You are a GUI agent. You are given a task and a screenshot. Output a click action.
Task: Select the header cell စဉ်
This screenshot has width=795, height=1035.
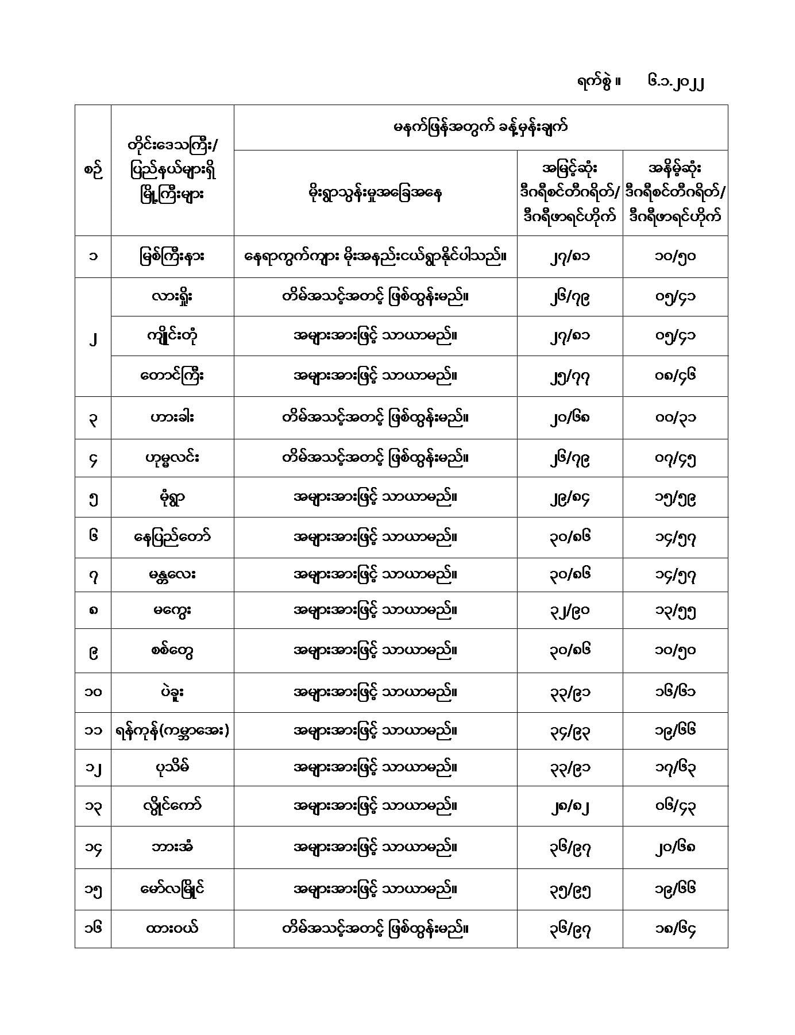coord(93,171)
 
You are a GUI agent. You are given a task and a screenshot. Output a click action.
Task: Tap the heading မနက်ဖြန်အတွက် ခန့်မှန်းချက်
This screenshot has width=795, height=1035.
coord(480,128)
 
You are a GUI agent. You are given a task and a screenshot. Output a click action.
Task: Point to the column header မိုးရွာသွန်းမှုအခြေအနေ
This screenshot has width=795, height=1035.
coord(375,193)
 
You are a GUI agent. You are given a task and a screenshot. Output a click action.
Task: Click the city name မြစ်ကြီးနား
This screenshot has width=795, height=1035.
coord(172,256)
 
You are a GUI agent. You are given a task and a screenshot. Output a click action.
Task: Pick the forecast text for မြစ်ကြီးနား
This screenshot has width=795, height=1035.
coord(375,256)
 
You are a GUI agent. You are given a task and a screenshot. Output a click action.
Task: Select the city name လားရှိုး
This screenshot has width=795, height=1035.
coord(172,296)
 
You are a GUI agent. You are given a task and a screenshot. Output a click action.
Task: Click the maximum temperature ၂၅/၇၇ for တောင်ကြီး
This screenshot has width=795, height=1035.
coord(569,376)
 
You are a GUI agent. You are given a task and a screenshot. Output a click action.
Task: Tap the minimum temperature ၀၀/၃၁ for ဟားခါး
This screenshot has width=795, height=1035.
coord(675,418)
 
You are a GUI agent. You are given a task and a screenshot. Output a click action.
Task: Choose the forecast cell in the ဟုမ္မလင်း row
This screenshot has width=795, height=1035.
coord(375,458)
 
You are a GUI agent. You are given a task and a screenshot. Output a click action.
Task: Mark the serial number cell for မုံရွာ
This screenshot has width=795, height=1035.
coord(93,497)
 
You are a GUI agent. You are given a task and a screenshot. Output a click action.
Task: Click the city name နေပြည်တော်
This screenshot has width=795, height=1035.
coord(172,537)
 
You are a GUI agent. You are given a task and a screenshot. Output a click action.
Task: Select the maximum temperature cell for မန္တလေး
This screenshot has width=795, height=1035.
coord(569,574)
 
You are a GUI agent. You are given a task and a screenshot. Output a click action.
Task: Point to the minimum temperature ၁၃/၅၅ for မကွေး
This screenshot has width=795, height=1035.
coord(675,611)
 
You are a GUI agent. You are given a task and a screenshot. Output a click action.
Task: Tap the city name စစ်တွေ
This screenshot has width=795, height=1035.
coord(172,651)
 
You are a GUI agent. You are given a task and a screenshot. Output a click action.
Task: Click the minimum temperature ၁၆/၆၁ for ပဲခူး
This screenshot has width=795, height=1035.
coord(675,692)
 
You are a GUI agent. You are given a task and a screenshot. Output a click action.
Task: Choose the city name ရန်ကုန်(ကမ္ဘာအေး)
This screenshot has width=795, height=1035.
coord(172,731)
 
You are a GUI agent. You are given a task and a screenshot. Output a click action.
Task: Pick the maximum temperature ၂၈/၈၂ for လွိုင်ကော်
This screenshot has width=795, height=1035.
coord(569,806)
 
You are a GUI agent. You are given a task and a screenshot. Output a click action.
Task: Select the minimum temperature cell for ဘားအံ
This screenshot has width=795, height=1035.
coord(675,847)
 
